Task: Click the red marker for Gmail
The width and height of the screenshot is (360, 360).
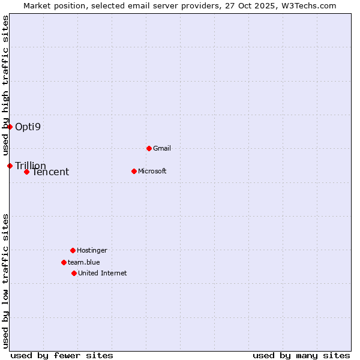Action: pyautogui.click(x=149, y=148)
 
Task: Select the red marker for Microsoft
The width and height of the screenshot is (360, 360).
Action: pyautogui.click(x=134, y=171)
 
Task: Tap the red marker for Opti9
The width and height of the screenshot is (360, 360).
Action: pyautogui.click(x=10, y=127)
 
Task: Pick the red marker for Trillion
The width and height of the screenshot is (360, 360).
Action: pyautogui.click(x=10, y=166)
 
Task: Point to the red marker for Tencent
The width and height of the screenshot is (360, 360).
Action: pyautogui.click(x=26, y=172)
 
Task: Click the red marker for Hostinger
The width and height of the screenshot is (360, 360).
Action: pyautogui.click(x=73, y=250)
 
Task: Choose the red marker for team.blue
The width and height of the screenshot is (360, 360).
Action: pyautogui.click(x=64, y=262)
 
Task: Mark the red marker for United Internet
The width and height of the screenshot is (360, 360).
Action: pyautogui.click(x=74, y=273)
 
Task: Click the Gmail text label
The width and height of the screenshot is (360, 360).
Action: pyautogui.click(x=162, y=148)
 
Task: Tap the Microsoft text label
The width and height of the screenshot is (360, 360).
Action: pyautogui.click(x=152, y=171)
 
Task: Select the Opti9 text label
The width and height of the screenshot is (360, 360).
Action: pyautogui.click(x=28, y=127)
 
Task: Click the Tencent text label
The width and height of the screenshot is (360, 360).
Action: pyautogui.click(x=50, y=172)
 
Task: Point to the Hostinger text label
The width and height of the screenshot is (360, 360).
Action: pyautogui.click(x=92, y=250)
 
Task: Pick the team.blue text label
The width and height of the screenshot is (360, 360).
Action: pyautogui.click(x=84, y=262)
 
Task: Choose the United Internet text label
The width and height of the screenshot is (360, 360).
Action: pyautogui.click(x=103, y=273)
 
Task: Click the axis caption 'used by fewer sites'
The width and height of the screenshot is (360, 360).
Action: pyautogui.click(x=62, y=355)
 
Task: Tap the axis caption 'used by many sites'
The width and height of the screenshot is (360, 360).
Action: pyautogui.click(x=301, y=355)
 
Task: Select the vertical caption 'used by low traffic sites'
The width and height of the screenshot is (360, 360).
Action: pyautogui.click(x=5, y=280)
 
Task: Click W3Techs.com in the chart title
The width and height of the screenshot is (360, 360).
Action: pyautogui.click(x=309, y=5)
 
